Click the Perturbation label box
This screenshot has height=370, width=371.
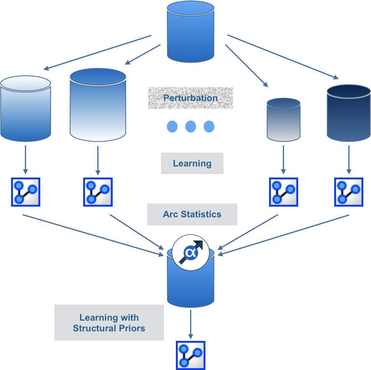point(190,98)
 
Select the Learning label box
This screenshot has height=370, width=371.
point(192,163)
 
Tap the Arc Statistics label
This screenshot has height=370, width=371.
point(192,214)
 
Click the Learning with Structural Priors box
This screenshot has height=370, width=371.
point(109,323)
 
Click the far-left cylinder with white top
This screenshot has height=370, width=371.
point(26,109)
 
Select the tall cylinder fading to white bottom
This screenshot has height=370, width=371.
point(98,105)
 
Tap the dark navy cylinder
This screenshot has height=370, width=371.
point(348,113)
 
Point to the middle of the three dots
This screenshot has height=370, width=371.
point(190,127)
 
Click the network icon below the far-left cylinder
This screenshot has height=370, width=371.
point(26,192)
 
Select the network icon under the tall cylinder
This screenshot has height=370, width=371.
point(98,192)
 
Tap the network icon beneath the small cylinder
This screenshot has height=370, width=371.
point(284,192)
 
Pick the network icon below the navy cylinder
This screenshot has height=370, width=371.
point(349,192)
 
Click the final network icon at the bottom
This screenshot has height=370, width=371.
point(190,355)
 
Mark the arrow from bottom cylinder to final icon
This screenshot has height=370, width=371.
point(190,323)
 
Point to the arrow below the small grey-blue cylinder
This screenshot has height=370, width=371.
point(283,158)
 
